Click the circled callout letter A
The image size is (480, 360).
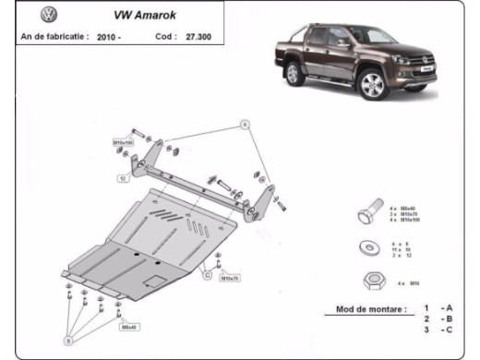[x=246, y=123]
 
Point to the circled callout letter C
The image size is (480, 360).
[x=208, y=275]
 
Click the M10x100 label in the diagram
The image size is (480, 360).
[x=123, y=143]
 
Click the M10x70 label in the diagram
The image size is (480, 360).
[x=230, y=278]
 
